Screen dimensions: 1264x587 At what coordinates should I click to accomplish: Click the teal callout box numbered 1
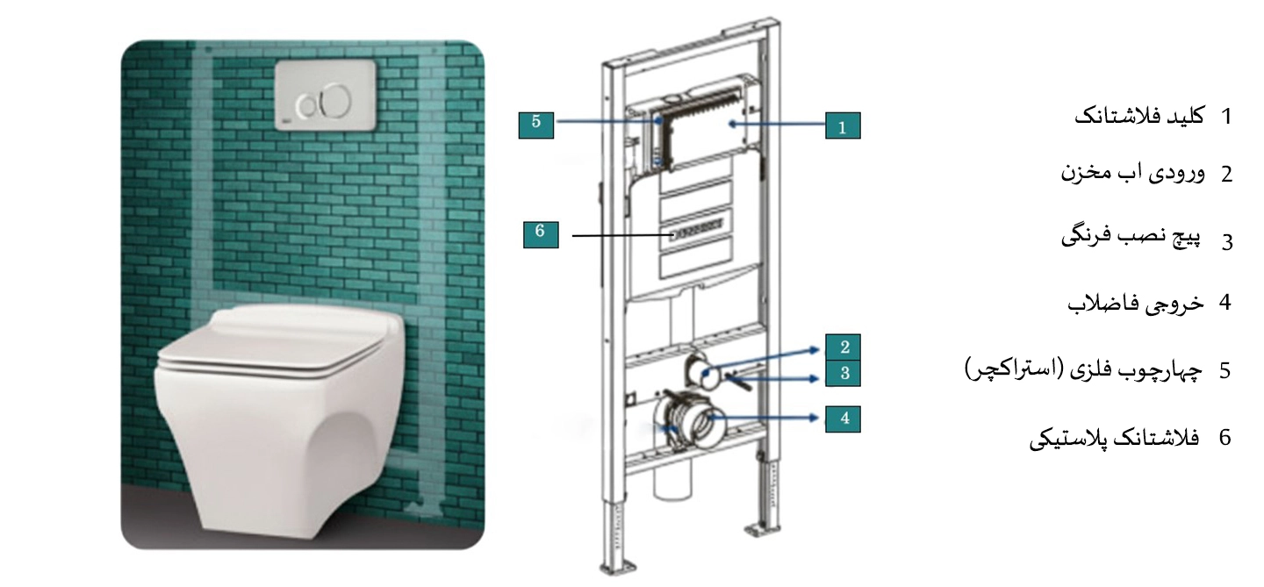point(843,125)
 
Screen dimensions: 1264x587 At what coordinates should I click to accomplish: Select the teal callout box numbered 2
point(843,347)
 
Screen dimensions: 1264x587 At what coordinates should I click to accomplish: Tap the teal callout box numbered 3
point(843,373)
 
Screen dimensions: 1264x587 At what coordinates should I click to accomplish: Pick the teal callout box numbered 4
point(843,419)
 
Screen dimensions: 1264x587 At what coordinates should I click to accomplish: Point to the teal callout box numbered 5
point(536,125)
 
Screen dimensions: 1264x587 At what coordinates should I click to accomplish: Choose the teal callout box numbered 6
point(541,234)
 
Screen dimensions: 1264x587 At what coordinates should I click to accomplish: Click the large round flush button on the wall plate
point(335,102)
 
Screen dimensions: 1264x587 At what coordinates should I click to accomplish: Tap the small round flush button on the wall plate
point(308,105)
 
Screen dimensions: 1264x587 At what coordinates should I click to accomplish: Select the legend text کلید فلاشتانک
point(1138,116)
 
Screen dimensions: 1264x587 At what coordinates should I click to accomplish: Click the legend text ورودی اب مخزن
point(1132,172)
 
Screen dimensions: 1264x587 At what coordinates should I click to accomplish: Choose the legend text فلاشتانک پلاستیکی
point(1115,438)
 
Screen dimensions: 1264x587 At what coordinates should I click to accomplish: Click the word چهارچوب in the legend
point(1166,371)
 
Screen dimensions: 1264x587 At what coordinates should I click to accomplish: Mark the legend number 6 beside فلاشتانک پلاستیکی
point(1225,437)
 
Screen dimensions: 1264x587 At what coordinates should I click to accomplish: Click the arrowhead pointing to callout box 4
point(814,418)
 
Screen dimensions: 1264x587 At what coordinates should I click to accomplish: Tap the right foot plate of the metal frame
point(762,530)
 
